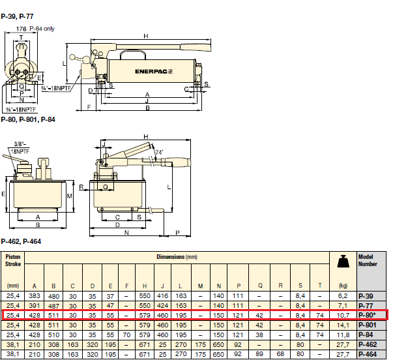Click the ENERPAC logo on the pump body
[x=154, y=72]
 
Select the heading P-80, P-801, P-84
[x=28, y=119]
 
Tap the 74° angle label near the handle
[x=159, y=152]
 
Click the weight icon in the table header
[x=343, y=262]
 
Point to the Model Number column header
[x=368, y=260]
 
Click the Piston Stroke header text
[x=13, y=260]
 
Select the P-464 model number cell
[x=368, y=354]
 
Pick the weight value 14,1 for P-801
[x=343, y=325]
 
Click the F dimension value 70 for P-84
[x=126, y=335]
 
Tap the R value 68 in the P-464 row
[x=280, y=353]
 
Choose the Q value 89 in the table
[x=259, y=353]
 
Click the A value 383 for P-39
[x=35, y=296]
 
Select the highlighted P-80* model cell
[x=367, y=315]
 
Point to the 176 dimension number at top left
[x=21, y=29]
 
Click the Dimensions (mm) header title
[x=177, y=257]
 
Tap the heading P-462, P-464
[x=21, y=241]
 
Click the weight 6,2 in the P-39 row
[x=343, y=296]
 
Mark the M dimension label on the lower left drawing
[x=70, y=196]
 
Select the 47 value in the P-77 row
[x=110, y=306]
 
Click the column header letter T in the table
[x=320, y=286]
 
